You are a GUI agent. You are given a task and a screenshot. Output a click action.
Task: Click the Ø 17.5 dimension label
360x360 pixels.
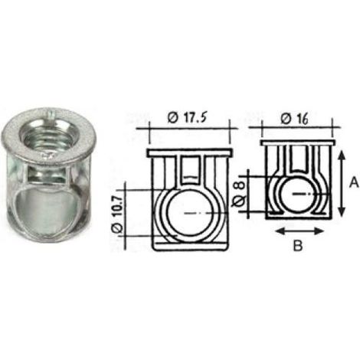[x=187, y=118]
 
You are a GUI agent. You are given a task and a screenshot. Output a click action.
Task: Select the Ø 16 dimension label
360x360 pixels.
[x=294, y=119]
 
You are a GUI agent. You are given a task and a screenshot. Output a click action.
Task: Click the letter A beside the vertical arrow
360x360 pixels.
[x=354, y=183]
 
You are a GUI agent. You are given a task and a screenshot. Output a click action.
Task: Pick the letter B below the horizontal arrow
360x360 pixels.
[x=298, y=246]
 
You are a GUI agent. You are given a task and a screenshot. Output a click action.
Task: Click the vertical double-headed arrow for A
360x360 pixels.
[x=342, y=183]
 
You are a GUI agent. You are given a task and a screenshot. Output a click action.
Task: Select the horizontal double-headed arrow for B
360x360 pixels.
[x=299, y=231]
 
